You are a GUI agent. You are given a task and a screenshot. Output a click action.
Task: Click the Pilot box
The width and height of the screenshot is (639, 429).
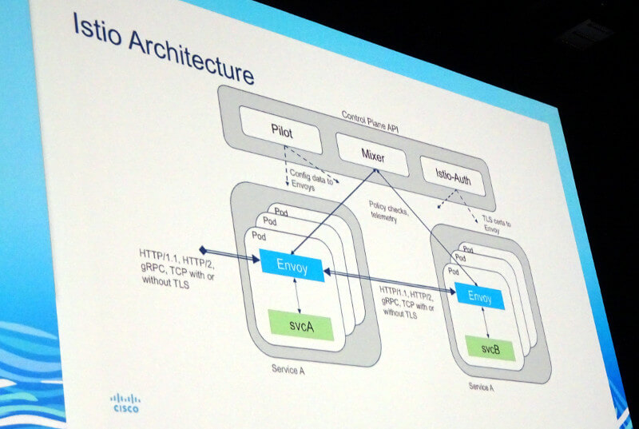281,130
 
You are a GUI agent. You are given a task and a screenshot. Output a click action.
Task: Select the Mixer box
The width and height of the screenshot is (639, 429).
372,155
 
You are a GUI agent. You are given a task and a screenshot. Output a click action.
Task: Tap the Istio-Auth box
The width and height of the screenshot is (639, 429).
453,176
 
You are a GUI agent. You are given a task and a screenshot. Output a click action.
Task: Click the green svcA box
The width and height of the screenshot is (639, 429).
301,325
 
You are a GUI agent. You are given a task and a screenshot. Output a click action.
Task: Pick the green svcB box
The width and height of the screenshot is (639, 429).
490,348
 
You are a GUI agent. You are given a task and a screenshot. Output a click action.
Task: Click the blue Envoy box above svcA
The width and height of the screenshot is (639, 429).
292,266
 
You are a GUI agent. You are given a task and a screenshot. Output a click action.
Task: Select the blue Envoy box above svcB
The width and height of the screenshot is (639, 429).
480,296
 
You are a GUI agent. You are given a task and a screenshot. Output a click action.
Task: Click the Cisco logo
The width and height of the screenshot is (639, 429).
125,403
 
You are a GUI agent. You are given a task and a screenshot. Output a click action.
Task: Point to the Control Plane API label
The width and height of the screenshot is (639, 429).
370,121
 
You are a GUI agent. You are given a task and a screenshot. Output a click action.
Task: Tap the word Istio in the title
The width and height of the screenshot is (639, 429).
97,30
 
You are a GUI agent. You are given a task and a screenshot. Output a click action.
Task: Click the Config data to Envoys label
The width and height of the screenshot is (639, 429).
311,180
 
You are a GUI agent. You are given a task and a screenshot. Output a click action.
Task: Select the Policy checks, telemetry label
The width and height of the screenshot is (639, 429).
387,212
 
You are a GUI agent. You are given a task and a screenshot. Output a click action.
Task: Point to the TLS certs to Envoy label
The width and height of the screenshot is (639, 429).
495,224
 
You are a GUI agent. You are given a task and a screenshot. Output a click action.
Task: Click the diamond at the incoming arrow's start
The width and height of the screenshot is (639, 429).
203,250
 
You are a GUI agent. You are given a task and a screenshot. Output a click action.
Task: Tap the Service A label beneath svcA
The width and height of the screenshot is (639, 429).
288,370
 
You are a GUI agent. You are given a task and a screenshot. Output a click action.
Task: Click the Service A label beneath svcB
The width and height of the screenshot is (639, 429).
481,386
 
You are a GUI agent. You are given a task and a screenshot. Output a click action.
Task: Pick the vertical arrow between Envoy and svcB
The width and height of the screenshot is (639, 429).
486,322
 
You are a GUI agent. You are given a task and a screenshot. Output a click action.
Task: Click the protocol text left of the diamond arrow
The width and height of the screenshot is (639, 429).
177,268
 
